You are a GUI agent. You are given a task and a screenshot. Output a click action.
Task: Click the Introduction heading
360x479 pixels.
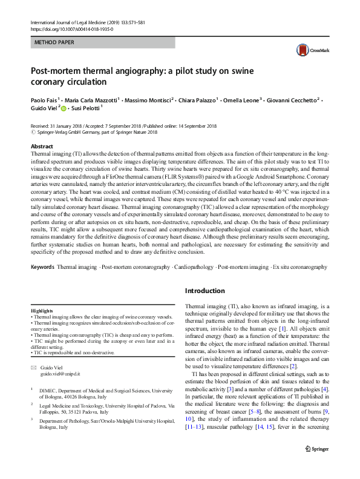pos(205,291)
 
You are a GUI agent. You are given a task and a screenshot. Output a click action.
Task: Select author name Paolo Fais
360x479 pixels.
pos(45,99)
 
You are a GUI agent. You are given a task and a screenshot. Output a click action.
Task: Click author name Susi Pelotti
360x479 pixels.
pos(88,109)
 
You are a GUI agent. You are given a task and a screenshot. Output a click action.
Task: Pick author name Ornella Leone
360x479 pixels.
pos(240,99)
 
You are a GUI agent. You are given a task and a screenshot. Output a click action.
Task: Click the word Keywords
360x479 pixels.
pos(42,266)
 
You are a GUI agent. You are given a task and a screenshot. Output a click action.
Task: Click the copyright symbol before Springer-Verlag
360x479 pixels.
pos(32,131)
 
